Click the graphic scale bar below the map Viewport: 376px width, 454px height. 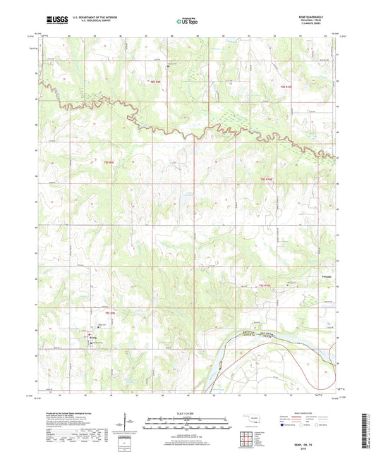(x=187, y=424)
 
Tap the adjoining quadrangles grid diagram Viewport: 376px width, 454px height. (x=246, y=438)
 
